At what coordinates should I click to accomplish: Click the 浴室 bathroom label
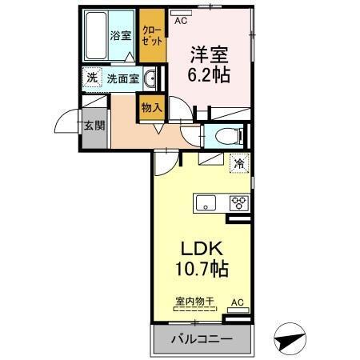pos(120,35)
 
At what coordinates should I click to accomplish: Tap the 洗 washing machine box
pos(92,78)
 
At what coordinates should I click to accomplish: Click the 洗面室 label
pos(123,78)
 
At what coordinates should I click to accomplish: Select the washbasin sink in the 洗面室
pos(152,78)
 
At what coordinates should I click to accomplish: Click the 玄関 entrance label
pos(92,126)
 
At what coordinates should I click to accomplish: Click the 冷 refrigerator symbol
pos(238,163)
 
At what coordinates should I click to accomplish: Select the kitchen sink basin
pos(205,203)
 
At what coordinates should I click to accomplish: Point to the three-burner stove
pos(239,202)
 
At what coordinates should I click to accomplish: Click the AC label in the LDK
pos(236,302)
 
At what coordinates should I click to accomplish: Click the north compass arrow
pos(290,339)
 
